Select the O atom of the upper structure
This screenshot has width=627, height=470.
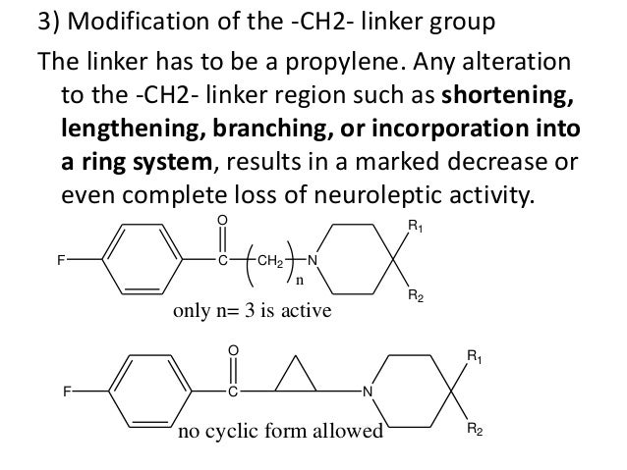[x=223, y=221]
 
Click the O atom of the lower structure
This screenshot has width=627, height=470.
[x=234, y=349]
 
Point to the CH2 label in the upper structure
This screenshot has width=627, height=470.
[x=270, y=261]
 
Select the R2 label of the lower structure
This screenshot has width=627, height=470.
[x=473, y=430]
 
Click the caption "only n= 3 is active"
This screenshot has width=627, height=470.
[x=253, y=311]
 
